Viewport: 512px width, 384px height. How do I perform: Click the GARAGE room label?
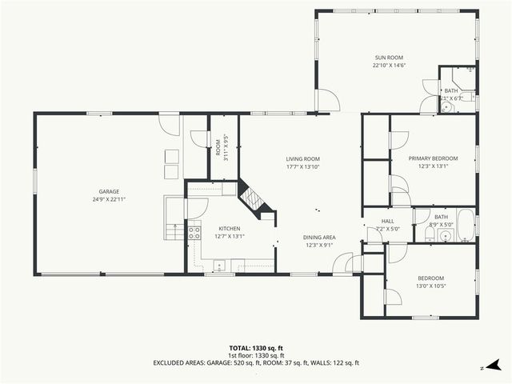pyautogui.click(x=109, y=191)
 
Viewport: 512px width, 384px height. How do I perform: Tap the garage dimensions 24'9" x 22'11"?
pyautogui.click(x=109, y=198)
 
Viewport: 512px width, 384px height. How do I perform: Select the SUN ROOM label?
pyautogui.click(x=389, y=58)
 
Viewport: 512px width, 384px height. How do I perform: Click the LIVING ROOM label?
pyautogui.click(x=303, y=158)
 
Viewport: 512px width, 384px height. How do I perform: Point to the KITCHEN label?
pyautogui.click(x=230, y=228)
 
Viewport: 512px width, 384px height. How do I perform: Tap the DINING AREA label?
pyautogui.click(x=318, y=238)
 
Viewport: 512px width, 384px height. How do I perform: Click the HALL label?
pyautogui.click(x=387, y=221)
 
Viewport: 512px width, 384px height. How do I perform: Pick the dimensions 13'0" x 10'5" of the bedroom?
pyautogui.click(x=430, y=286)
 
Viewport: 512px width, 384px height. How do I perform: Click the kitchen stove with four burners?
pyautogui.click(x=194, y=234)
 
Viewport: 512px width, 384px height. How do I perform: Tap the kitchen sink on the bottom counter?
pyautogui.click(x=218, y=266)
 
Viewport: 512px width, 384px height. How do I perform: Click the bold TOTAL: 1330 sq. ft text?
pyautogui.click(x=256, y=348)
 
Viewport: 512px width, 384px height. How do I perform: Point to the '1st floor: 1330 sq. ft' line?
pyautogui.click(x=256, y=355)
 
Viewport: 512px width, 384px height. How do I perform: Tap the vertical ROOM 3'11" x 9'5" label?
pyautogui.click(x=226, y=148)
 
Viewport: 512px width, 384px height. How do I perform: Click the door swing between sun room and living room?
pyautogui.click(x=328, y=101)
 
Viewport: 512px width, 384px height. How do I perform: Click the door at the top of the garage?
pyautogui.click(x=169, y=125)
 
